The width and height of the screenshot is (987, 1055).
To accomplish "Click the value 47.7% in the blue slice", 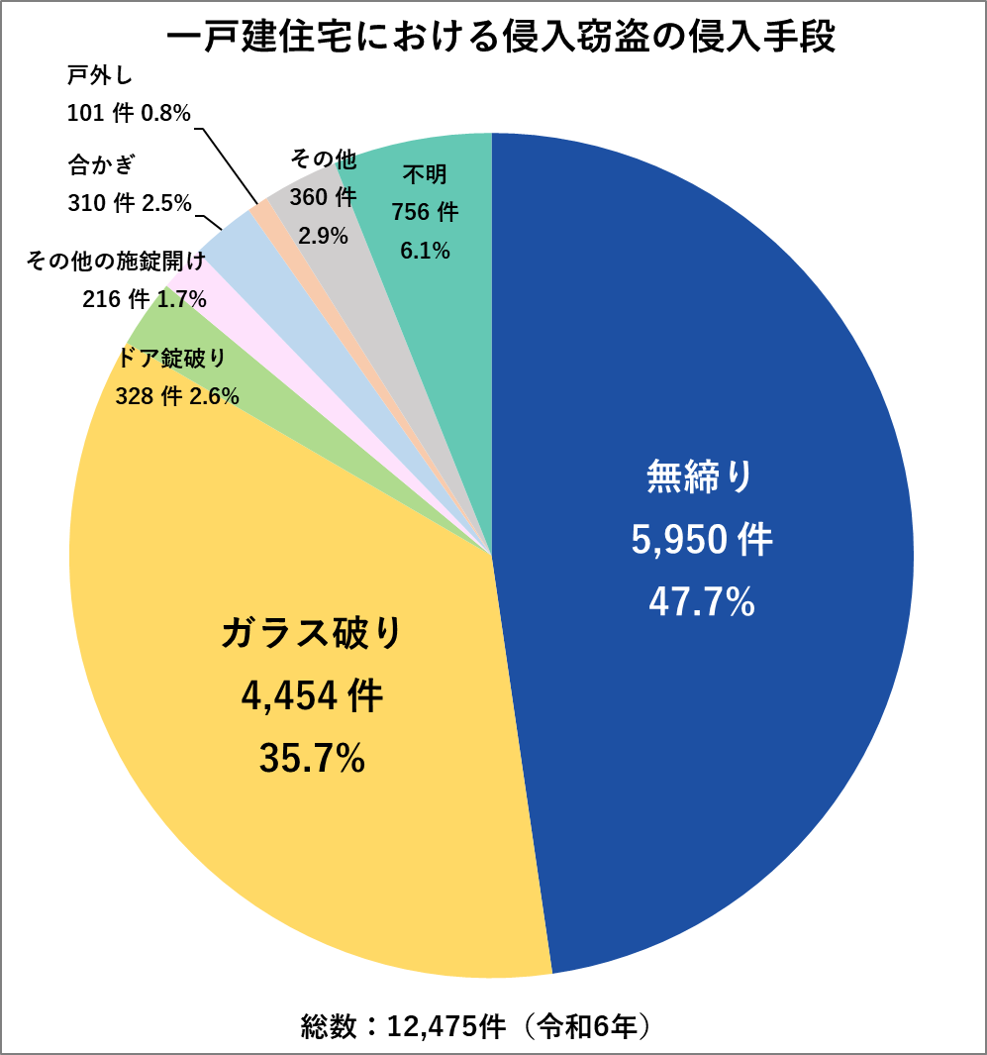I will pos(702,602).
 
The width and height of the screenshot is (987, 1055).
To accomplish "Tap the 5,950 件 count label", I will pos(702,541).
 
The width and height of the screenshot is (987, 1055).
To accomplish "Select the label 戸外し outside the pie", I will pos(100,77).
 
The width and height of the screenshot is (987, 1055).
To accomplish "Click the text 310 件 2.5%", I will pos(130,203).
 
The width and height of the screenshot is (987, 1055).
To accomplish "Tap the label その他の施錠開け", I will pos(116,262).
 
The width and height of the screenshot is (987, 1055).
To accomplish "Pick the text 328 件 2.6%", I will pos(177,396).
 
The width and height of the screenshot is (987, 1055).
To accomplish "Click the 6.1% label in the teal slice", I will pos(425,252).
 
